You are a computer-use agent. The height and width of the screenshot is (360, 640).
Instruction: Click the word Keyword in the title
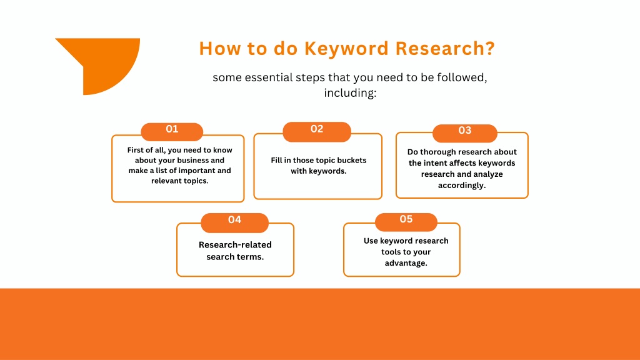tap(346, 49)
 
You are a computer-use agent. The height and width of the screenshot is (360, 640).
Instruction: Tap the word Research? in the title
tap(445, 48)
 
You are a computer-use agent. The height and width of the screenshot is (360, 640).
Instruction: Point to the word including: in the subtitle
tap(350, 93)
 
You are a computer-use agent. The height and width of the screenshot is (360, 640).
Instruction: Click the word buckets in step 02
tap(352, 161)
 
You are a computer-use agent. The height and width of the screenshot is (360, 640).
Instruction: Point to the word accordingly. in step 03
tap(462, 185)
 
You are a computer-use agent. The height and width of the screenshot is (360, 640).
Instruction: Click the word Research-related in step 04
tap(235, 244)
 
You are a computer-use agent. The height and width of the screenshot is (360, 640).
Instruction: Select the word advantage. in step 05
tap(406, 263)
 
